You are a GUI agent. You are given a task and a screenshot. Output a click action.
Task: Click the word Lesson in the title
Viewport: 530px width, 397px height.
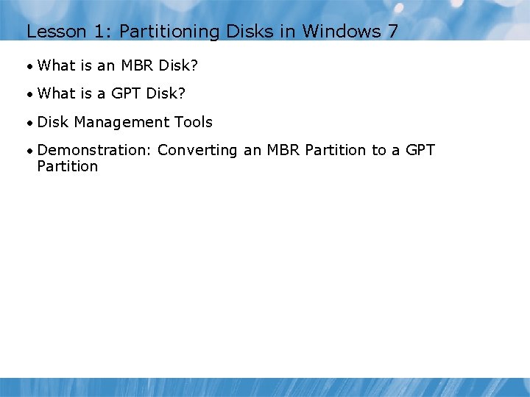pyautogui.click(x=52, y=32)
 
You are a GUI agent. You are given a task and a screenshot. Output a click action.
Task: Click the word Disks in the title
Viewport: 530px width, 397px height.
pyautogui.click(x=253, y=32)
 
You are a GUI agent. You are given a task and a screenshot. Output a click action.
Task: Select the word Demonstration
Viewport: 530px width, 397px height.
pyautogui.click(x=93, y=150)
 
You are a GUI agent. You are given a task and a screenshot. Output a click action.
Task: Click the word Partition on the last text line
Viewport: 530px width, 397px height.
pyautogui.click(x=67, y=166)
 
